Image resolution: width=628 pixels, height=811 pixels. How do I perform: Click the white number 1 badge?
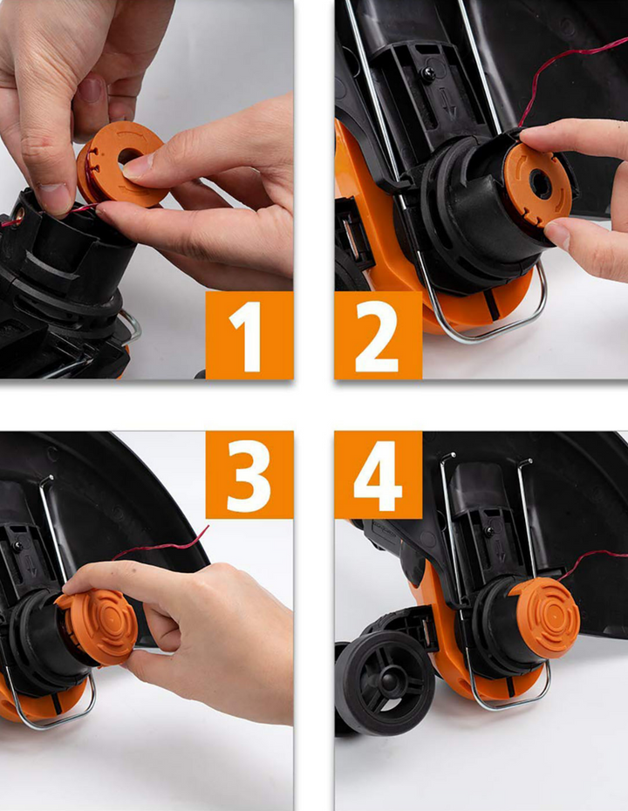coord(249,335)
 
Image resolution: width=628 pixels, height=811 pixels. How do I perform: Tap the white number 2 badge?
coord(379,335)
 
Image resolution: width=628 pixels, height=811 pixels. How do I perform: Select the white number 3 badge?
coord(249,474)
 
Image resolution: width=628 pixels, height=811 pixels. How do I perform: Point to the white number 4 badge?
coord(379,474)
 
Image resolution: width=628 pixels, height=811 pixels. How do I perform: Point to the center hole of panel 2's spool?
coord(541,185)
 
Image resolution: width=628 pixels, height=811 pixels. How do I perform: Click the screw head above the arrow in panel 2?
coord(429,73)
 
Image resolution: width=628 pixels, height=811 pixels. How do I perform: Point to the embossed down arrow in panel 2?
coord(449,102)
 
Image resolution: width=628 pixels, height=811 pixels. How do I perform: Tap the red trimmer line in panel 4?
coord(590,562)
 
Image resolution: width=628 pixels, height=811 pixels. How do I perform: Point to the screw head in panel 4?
coord(488,530)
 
